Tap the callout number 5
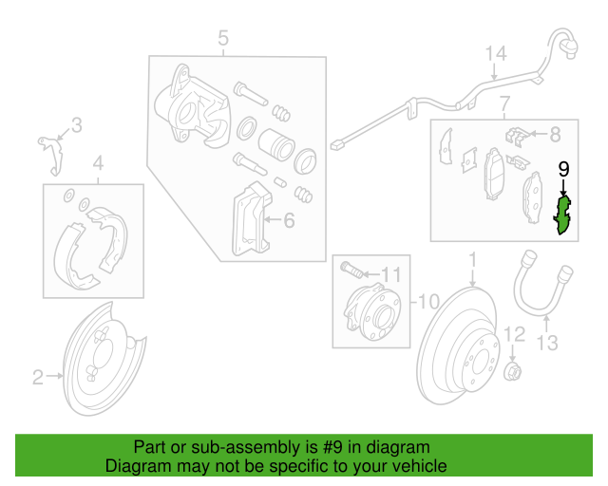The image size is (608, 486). coord(223,38)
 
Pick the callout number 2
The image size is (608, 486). coord(38,378)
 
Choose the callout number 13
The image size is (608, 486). coord(549,343)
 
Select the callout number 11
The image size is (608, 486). coord(391,274)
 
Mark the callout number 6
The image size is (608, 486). coord(289,221)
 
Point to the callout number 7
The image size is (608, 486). coord(504,102)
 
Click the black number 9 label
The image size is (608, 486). coord(563,169)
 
